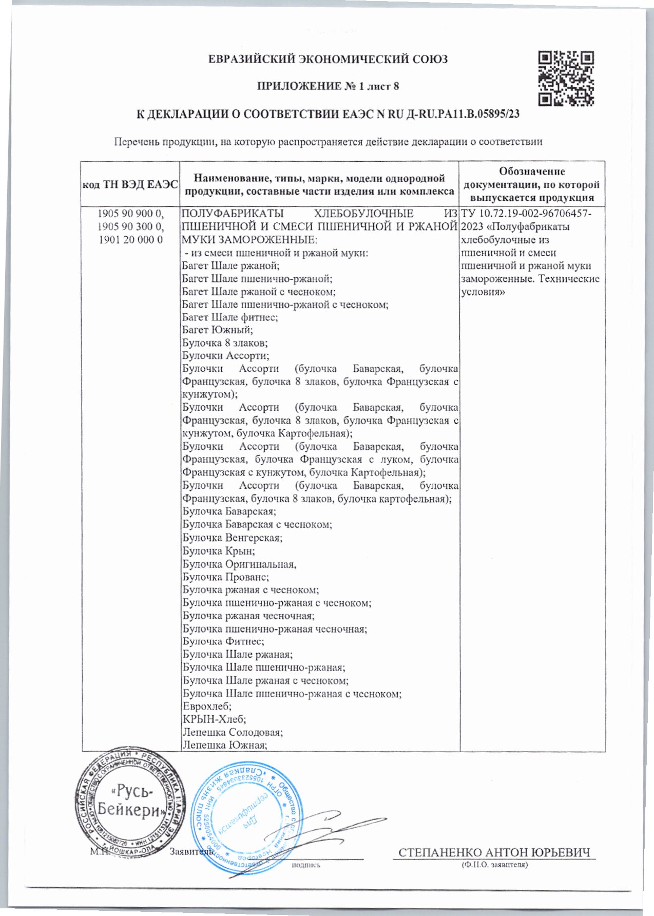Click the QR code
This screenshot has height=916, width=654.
(x=566, y=78)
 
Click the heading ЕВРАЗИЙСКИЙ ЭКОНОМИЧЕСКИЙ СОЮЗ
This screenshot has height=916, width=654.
(x=328, y=59)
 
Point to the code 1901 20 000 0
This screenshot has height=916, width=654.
(x=130, y=239)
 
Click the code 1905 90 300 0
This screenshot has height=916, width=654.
(x=130, y=226)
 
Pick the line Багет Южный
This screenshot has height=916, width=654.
(x=218, y=330)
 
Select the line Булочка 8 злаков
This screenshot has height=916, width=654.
(x=225, y=343)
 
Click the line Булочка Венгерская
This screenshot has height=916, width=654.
(x=233, y=538)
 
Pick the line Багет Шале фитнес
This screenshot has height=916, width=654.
(x=230, y=317)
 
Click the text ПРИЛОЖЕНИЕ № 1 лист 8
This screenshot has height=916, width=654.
(x=328, y=86)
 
